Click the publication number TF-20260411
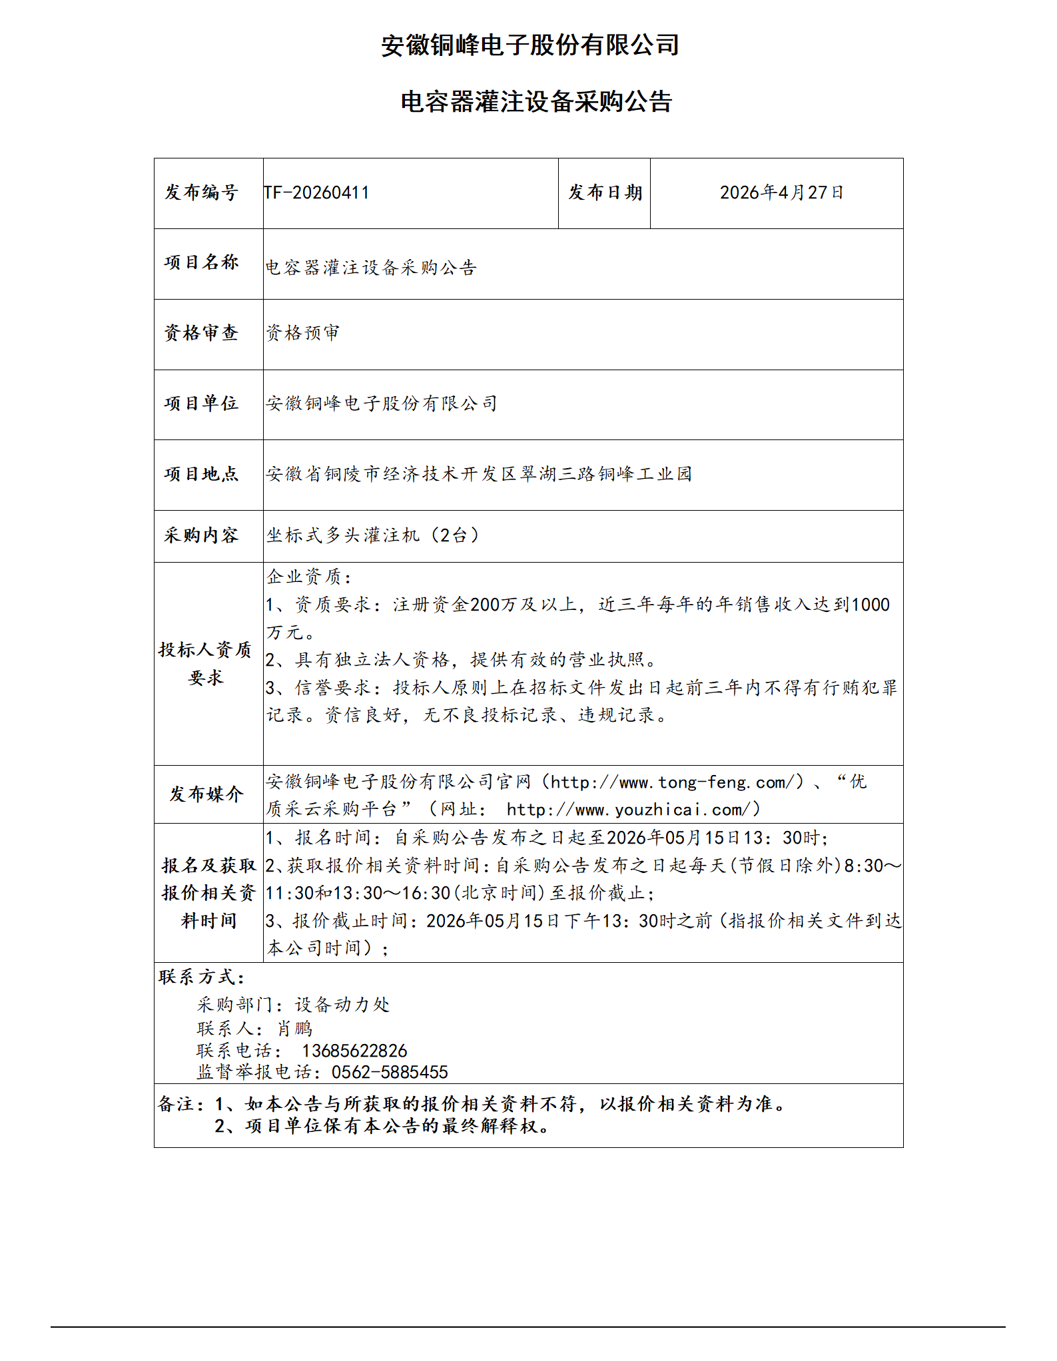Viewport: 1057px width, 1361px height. click(x=316, y=193)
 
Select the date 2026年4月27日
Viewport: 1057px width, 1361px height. click(x=781, y=193)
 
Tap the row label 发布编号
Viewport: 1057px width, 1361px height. click(x=201, y=193)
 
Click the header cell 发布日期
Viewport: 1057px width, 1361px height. click(x=605, y=193)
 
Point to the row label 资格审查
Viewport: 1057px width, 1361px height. click(x=201, y=333)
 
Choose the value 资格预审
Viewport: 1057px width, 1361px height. click(x=302, y=333)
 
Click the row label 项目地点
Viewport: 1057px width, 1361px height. click(x=201, y=474)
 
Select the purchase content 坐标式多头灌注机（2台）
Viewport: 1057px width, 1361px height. click(x=373, y=535)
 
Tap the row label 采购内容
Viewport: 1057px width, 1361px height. click(x=201, y=535)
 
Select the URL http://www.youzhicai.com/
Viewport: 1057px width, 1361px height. click(x=633, y=810)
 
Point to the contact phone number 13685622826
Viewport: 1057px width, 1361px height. click(x=354, y=1051)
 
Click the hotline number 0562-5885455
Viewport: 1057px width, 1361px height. click(x=390, y=1073)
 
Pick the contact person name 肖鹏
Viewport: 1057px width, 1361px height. click(x=295, y=1029)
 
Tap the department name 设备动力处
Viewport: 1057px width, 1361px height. click(x=342, y=1005)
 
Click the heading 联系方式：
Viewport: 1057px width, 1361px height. click(x=202, y=977)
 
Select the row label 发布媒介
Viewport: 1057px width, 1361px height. click(x=206, y=794)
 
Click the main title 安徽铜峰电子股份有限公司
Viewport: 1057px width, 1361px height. click(x=529, y=45)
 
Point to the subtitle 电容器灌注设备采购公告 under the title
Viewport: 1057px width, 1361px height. click(x=536, y=102)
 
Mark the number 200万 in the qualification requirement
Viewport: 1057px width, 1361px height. click(x=494, y=605)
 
